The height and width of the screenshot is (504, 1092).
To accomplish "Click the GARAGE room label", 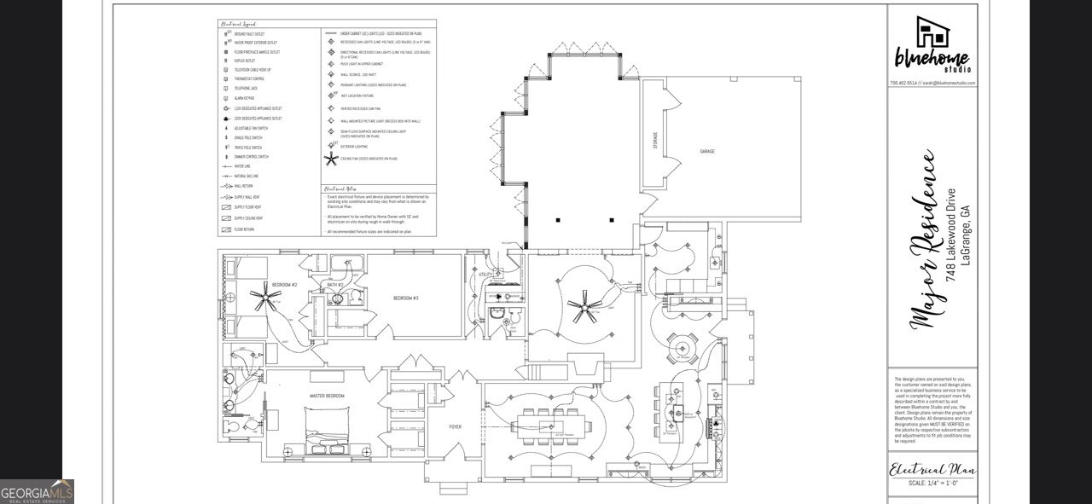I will [x=707, y=151].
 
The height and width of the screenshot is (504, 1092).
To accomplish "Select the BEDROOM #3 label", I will [x=404, y=298].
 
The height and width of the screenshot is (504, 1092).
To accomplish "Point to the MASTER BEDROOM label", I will [x=327, y=397].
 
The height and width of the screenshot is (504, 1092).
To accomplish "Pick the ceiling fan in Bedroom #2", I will [x=265, y=298].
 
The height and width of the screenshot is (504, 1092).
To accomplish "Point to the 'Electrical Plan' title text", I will [x=932, y=470].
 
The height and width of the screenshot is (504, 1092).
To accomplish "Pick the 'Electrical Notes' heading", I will [x=339, y=189].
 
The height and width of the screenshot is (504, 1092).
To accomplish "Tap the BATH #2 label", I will [x=334, y=284].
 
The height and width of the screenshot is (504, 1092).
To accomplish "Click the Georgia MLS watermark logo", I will [x=37, y=491].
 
